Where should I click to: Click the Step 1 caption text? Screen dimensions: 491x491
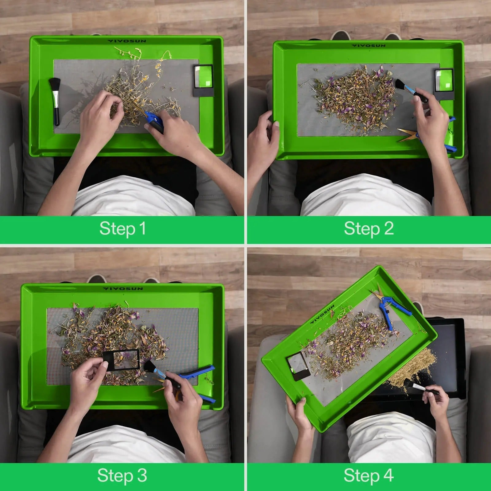click(122, 229)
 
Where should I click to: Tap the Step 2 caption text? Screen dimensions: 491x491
click(369, 229)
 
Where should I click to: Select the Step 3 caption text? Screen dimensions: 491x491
click(122, 476)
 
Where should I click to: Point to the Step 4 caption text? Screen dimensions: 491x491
click(369, 476)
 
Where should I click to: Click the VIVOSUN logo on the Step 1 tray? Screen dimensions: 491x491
click(127, 41)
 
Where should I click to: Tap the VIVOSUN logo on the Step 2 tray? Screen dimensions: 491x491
click(368, 46)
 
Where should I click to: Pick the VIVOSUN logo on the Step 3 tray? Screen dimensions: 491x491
click(123, 289)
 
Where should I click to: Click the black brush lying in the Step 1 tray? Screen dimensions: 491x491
click(55, 101)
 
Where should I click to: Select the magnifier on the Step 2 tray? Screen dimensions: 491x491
click(444, 84)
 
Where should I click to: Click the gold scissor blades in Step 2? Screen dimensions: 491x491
click(408, 135)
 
